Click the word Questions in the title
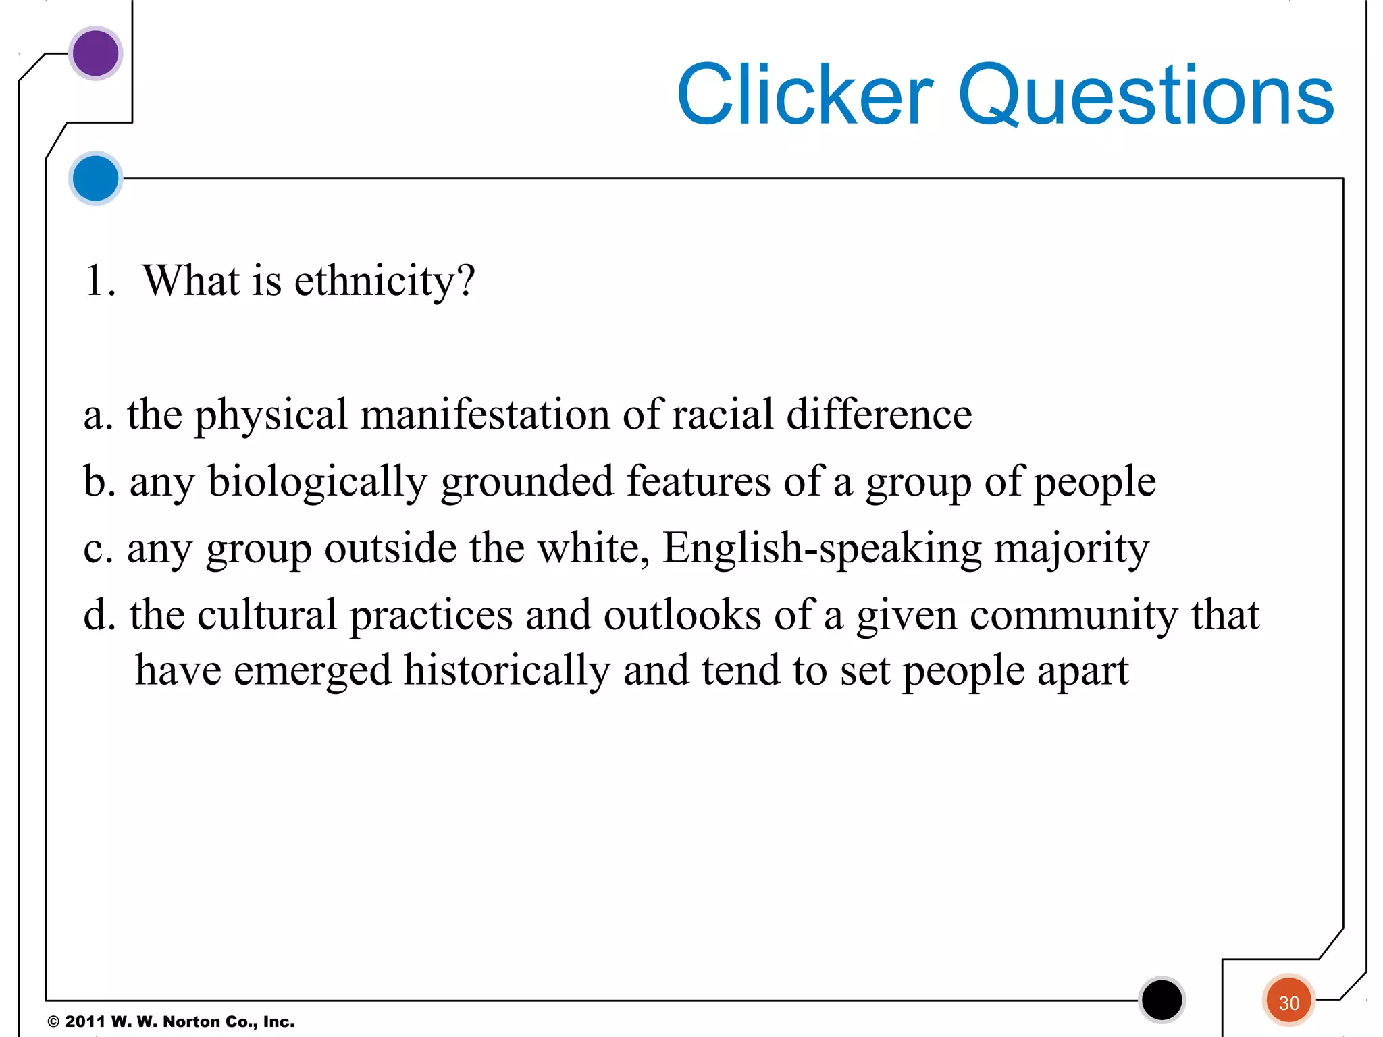pyautogui.click(x=1146, y=96)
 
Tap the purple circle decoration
pyautogui.click(x=95, y=53)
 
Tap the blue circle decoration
pyautogui.click(x=95, y=178)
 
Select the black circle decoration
pyautogui.click(x=1162, y=1000)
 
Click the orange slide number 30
pyautogui.click(x=1288, y=1003)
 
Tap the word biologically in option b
pyautogui.click(x=317, y=483)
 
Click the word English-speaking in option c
pyautogui.click(x=822, y=548)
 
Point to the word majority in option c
pyautogui.click(x=1072, y=548)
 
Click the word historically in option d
pyautogui.click(x=506, y=670)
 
